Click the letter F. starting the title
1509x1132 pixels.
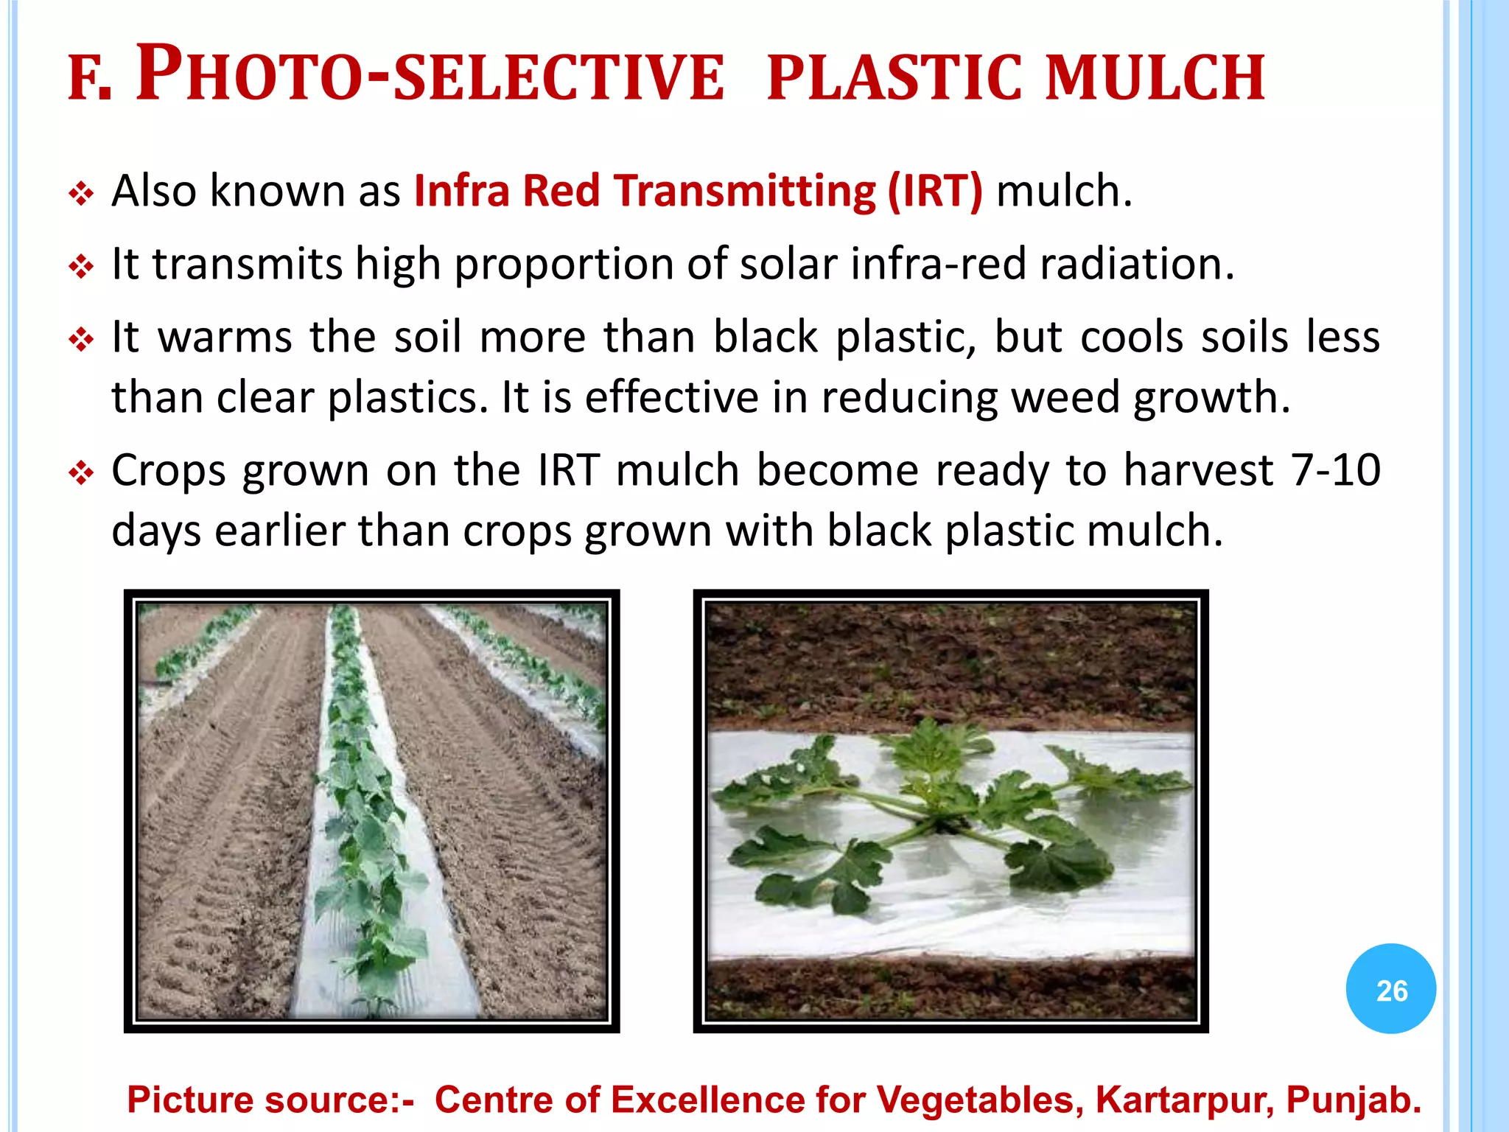(89, 81)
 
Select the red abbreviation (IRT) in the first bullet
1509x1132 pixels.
(934, 192)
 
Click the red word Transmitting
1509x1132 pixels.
(744, 192)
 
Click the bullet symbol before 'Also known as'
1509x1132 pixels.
(80, 195)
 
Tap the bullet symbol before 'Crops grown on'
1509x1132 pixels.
(80, 473)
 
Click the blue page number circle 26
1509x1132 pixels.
(1391, 989)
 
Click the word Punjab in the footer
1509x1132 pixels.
(1353, 1100)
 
